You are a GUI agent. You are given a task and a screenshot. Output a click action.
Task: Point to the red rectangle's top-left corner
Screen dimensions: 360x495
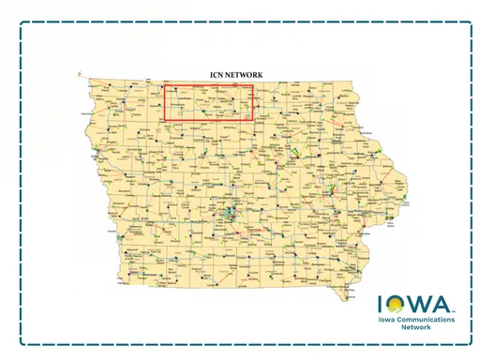tap(166, 86)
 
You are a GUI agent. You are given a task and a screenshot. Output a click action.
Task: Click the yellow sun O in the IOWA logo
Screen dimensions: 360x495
tap(397, 305)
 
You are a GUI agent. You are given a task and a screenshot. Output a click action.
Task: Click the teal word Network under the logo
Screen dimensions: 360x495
tap(418, 330)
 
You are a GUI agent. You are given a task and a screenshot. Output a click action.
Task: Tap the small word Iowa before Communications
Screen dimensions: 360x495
tap(388, 321)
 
